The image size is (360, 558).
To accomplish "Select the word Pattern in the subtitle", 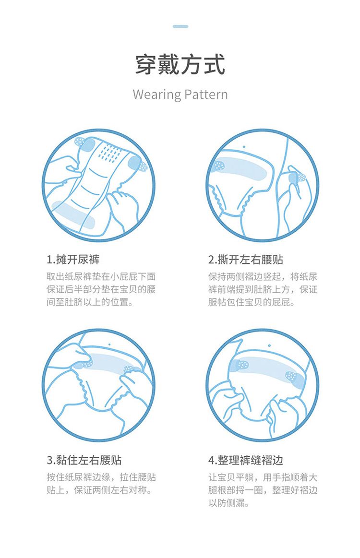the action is click(206, 95).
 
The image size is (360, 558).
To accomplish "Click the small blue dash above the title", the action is click(180, 26).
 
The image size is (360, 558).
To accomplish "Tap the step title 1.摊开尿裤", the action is click(73, 260).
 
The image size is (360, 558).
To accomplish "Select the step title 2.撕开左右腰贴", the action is click(246, 260).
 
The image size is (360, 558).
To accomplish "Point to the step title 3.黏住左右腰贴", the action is click(84, 460).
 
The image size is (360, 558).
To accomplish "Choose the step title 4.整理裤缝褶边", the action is click(246, 460).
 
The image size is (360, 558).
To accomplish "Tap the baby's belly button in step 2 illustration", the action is click(244, 146).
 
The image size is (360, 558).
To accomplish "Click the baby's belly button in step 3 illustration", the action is click(109, 344).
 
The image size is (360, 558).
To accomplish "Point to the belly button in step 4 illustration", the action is click(270, 345).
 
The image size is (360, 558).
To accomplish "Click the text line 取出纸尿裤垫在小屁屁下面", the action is click(101, 276).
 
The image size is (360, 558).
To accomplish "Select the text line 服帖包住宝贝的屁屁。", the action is click(252, 302).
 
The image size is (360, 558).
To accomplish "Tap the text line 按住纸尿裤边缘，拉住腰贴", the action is click(101, 477).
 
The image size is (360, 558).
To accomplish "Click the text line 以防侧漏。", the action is click(228, 503).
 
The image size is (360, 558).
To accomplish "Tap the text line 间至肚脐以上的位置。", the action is click(90, 302).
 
